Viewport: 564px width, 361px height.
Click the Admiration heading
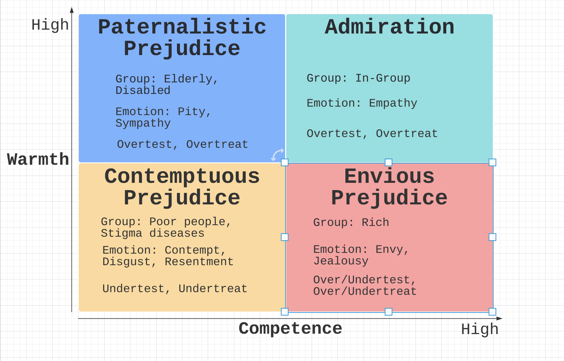(389, 27)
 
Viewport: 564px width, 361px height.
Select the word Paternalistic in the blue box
(182, 27)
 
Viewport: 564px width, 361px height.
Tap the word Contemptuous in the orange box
(182, 176)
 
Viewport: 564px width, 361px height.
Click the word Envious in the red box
(389, 176)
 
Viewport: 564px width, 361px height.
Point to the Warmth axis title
(38, 159)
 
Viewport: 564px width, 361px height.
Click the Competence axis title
(290, 329)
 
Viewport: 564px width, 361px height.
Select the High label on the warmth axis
(50, 25)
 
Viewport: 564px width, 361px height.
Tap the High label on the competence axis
(480, 329)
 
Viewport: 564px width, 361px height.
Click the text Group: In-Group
(359, 79)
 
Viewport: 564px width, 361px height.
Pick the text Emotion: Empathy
(362, 103)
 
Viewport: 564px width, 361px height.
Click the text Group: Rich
(351, 222)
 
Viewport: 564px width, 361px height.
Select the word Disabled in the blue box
(143, 90)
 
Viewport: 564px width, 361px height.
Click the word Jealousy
(341, 261)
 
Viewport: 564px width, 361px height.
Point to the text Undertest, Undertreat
(175, 289)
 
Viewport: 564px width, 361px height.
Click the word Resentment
(199, 262)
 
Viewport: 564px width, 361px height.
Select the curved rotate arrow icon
(277, 154)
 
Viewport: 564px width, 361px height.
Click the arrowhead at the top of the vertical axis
(72, 10)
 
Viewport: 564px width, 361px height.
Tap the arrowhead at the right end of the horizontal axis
(499, 319)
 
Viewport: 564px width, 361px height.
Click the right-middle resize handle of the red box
(492, 237)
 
